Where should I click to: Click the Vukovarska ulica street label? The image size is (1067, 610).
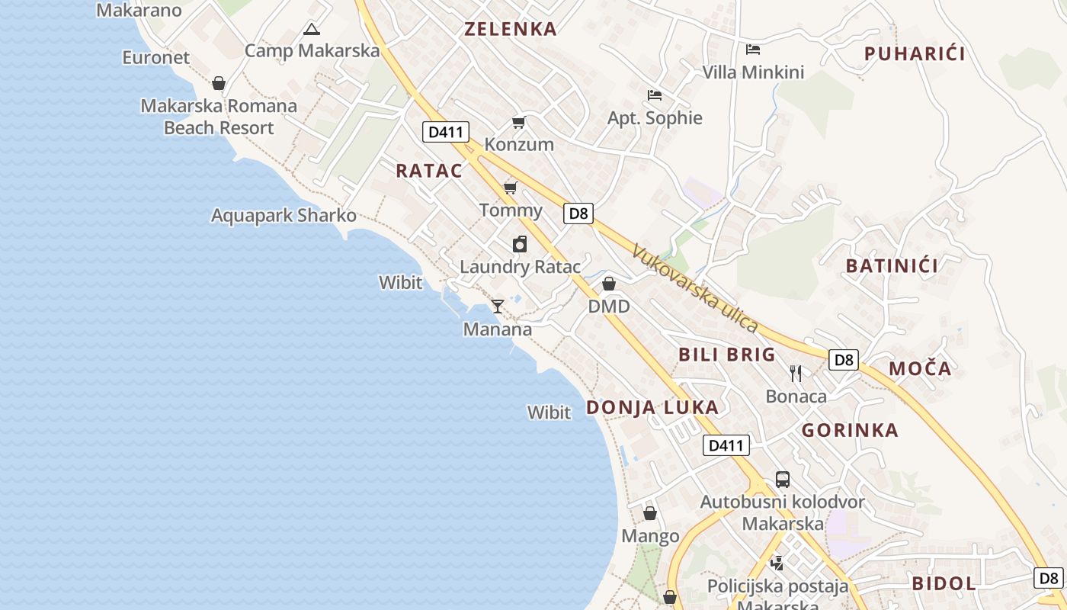pos(695,288)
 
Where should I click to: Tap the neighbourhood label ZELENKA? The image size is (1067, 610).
pos(511,30)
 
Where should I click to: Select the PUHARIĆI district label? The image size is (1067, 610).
pos(915,53)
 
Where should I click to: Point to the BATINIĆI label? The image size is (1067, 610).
pos(892,266)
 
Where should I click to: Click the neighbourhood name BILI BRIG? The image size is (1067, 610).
pos(727,355)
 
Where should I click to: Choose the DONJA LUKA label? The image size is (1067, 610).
pos(652,407)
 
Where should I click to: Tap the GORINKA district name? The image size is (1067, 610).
pos(850,430)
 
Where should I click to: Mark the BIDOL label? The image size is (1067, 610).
pos(944,584)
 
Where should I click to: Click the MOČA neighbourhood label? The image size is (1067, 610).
pos(921,369)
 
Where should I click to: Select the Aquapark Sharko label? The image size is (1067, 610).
pos(284,216)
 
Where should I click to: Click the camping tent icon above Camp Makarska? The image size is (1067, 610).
pos(311,30)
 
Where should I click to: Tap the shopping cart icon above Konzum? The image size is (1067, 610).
pos(519,122)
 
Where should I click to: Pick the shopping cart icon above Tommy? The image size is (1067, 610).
pos(511,188)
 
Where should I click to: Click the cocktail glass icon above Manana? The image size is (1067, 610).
pos(498,307)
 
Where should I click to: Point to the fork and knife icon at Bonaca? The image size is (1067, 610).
pos(796,373)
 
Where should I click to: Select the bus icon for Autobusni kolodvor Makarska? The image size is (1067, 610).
pos(783,480)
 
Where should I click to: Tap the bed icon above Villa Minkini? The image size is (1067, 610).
pos(753,50)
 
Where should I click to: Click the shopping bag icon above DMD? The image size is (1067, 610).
pos(609,284)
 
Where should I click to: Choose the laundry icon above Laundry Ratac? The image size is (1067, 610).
pos(520,244)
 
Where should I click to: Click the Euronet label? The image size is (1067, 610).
pos(156,58)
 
